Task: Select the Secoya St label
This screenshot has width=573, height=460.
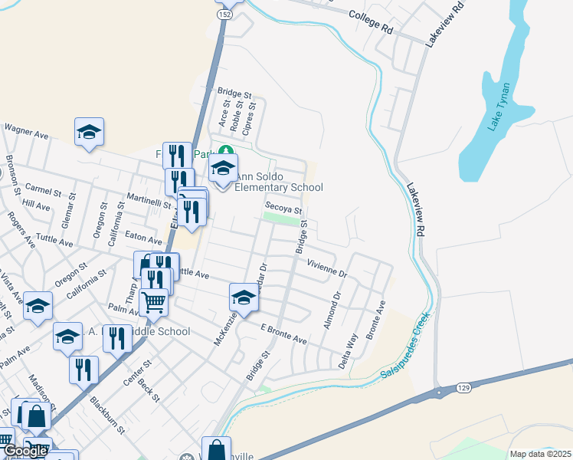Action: [283, 208]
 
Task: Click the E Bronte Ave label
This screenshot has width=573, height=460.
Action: [283, 334]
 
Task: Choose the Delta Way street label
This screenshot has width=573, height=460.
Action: [349, 351]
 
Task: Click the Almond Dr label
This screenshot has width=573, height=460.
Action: [332, 310]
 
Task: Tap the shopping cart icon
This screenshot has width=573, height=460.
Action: [154, 302]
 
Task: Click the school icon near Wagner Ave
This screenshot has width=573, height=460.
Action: [89, 131]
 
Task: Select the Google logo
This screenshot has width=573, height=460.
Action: [25, 451]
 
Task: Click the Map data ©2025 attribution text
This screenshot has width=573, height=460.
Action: [540, 454]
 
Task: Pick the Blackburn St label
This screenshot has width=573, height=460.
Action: [106, 415]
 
